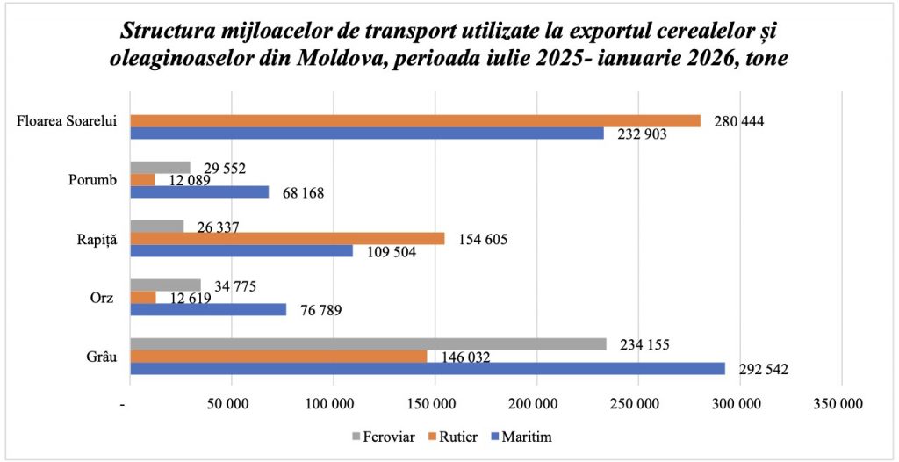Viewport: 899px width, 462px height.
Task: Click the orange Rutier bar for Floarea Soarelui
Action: pyautogui.click(x=415, y=121)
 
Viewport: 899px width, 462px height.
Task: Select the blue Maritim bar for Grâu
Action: pyautogui.click(x=428, y=369)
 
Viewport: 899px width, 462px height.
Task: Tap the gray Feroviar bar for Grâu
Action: pyautogui.click(x=368, y=344)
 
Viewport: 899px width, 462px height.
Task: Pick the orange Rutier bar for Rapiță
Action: pyautogui.click(x=287, y=239)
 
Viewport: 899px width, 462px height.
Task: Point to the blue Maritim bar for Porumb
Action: pyautogui.click(x=199, y=191)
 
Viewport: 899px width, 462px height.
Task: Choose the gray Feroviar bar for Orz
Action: pyautogui.click(x=165, y=285)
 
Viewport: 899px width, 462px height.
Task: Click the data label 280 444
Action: pyautogui.click(x=739, y=121)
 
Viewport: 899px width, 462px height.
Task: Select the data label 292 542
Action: pyautogui.click(x=764, y=370)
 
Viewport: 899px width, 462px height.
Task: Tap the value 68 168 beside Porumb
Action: pyautogui.click(x=300, y=192)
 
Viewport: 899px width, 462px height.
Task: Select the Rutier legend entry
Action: pyautogui.click(x=454, y=437)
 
